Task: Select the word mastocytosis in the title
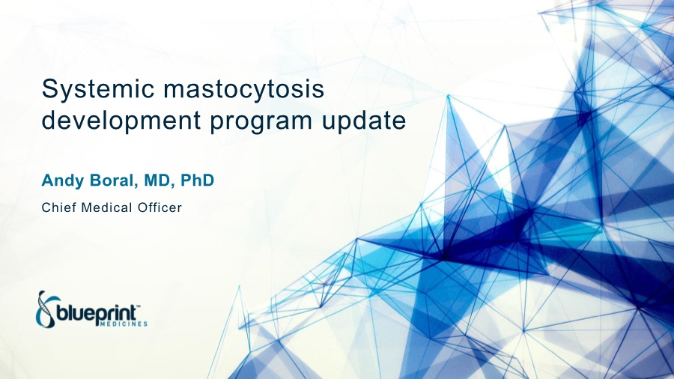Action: coord(243,89)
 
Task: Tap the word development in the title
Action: coord(121,121)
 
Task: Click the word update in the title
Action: coord(364,121)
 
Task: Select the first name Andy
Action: coord(63,181)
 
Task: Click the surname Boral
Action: coord(114,181)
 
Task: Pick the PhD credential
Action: coord(197,180)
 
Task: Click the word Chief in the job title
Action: coord(59,208)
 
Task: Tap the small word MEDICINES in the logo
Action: coord(124,324)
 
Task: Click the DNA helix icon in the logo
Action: coord(45,308)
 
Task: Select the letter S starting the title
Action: coord(49,89)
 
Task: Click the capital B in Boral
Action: coord(95,181)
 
